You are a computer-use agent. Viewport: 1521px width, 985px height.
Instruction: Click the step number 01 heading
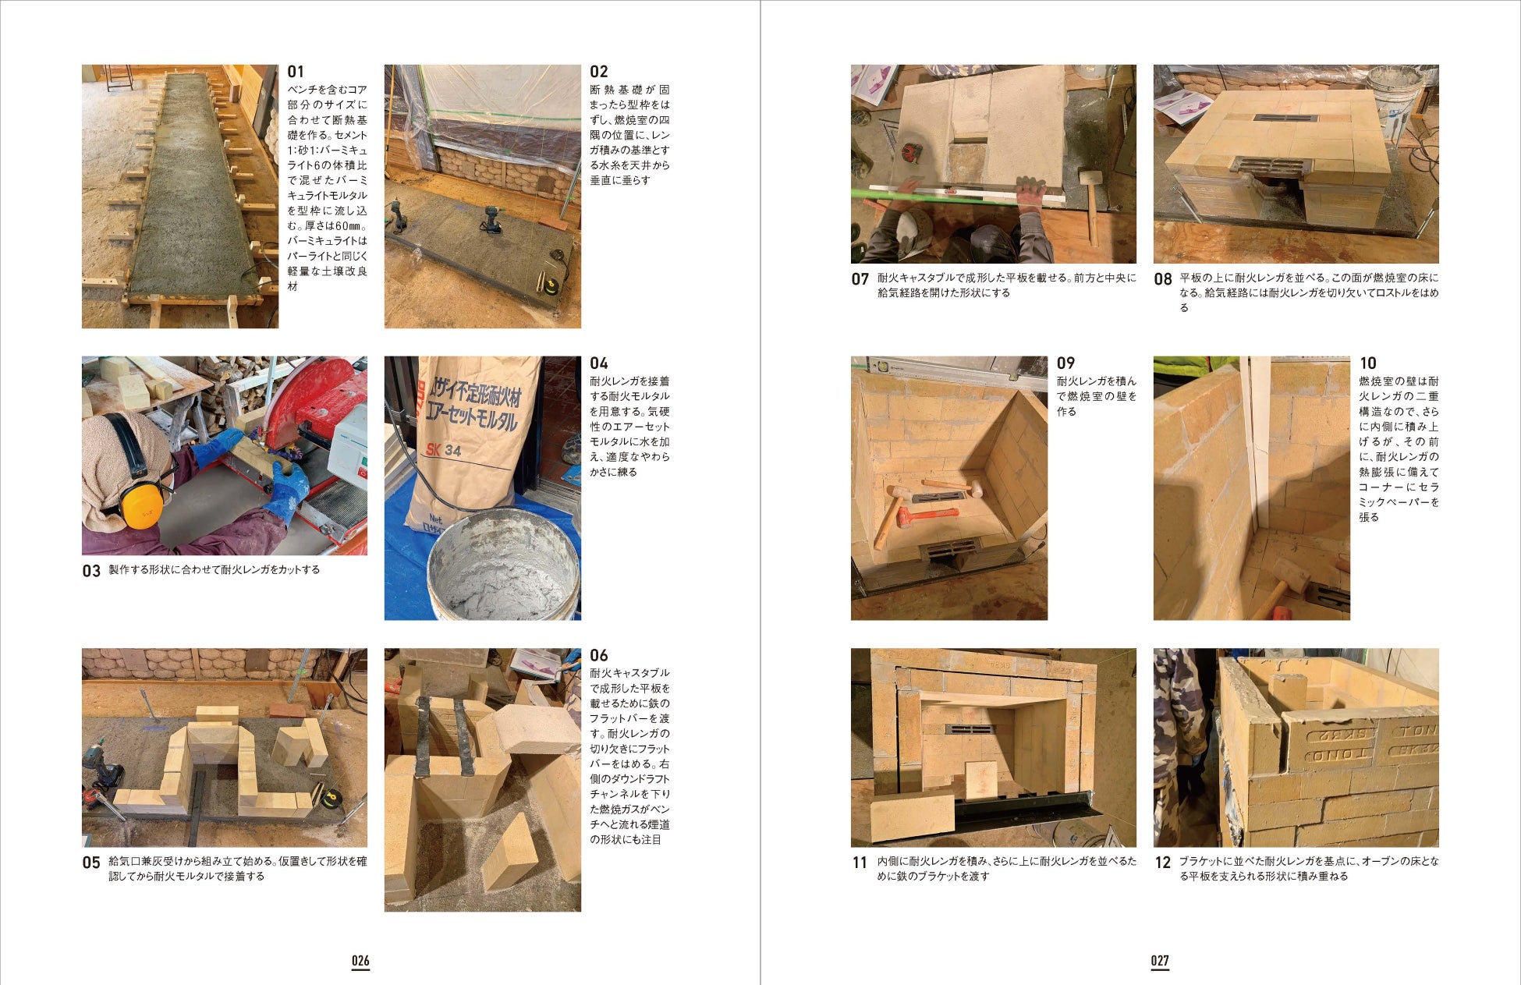point(296,72)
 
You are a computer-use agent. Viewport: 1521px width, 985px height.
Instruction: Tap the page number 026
point(360,960)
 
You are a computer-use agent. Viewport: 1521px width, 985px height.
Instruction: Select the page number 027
point(1160,960)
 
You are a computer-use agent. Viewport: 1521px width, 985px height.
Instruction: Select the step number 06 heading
point(599,655)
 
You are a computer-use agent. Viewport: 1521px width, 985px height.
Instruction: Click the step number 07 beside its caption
point(860,279)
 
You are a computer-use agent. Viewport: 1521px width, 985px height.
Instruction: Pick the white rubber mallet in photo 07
point(1090,204)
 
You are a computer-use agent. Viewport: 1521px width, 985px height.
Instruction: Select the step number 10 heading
point(1368,363)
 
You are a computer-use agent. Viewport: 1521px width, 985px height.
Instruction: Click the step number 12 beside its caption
point(1162,863)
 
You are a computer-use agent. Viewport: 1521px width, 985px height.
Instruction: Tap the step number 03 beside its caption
point(91,571)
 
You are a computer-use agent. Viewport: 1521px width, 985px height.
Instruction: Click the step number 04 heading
point(599,363)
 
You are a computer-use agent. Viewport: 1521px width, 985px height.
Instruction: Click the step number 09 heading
point(1065,363)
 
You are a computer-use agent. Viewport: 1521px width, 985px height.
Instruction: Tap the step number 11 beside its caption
point(860,863)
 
